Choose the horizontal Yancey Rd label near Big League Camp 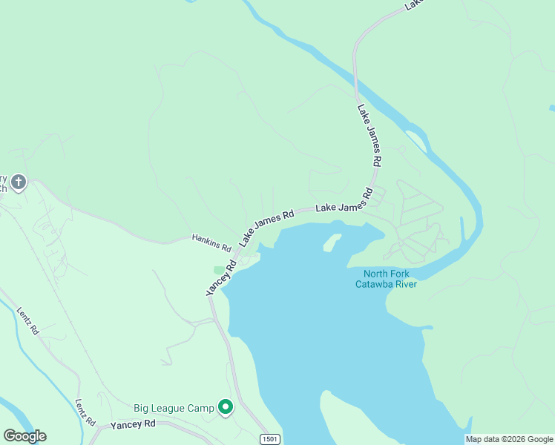[133, 424]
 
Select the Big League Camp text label [174, 408]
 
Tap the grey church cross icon [19, 181]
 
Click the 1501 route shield [271, 439]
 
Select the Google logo [24, 436]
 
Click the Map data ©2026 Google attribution [509, 439]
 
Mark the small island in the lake [332, 243]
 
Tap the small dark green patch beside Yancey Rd [219, 270]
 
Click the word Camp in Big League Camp [200, 408]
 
